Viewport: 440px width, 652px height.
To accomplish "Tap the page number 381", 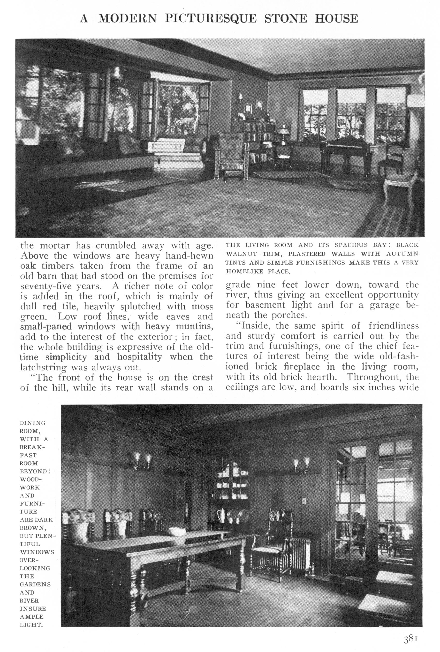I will click(x=411, y=637).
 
